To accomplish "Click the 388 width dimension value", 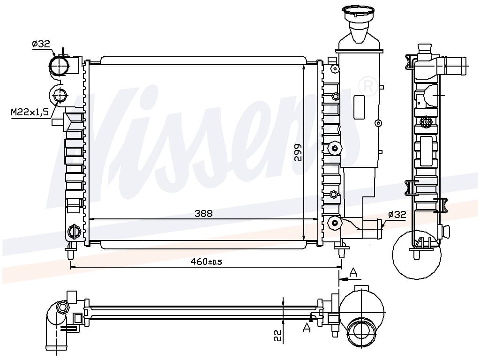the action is (x=203, y=213).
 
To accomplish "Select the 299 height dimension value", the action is (x=298, y=152).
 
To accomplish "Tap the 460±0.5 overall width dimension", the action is (x=206, y=262).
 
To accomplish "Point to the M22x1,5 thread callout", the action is (x=30, y=112).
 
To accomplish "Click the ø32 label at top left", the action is (x=41, y=44).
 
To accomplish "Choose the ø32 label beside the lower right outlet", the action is (x=397, y=215).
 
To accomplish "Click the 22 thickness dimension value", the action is (x=277, y=336).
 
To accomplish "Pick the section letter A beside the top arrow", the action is (x=353, y=272).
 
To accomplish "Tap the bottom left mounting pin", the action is (x=70, y=251).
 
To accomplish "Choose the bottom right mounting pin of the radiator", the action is (x=341, y=249).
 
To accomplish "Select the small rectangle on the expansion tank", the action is (x=359, y=107).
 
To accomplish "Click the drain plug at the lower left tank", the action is (x=74, y=231).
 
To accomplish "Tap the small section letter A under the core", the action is (x=307, y=328).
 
